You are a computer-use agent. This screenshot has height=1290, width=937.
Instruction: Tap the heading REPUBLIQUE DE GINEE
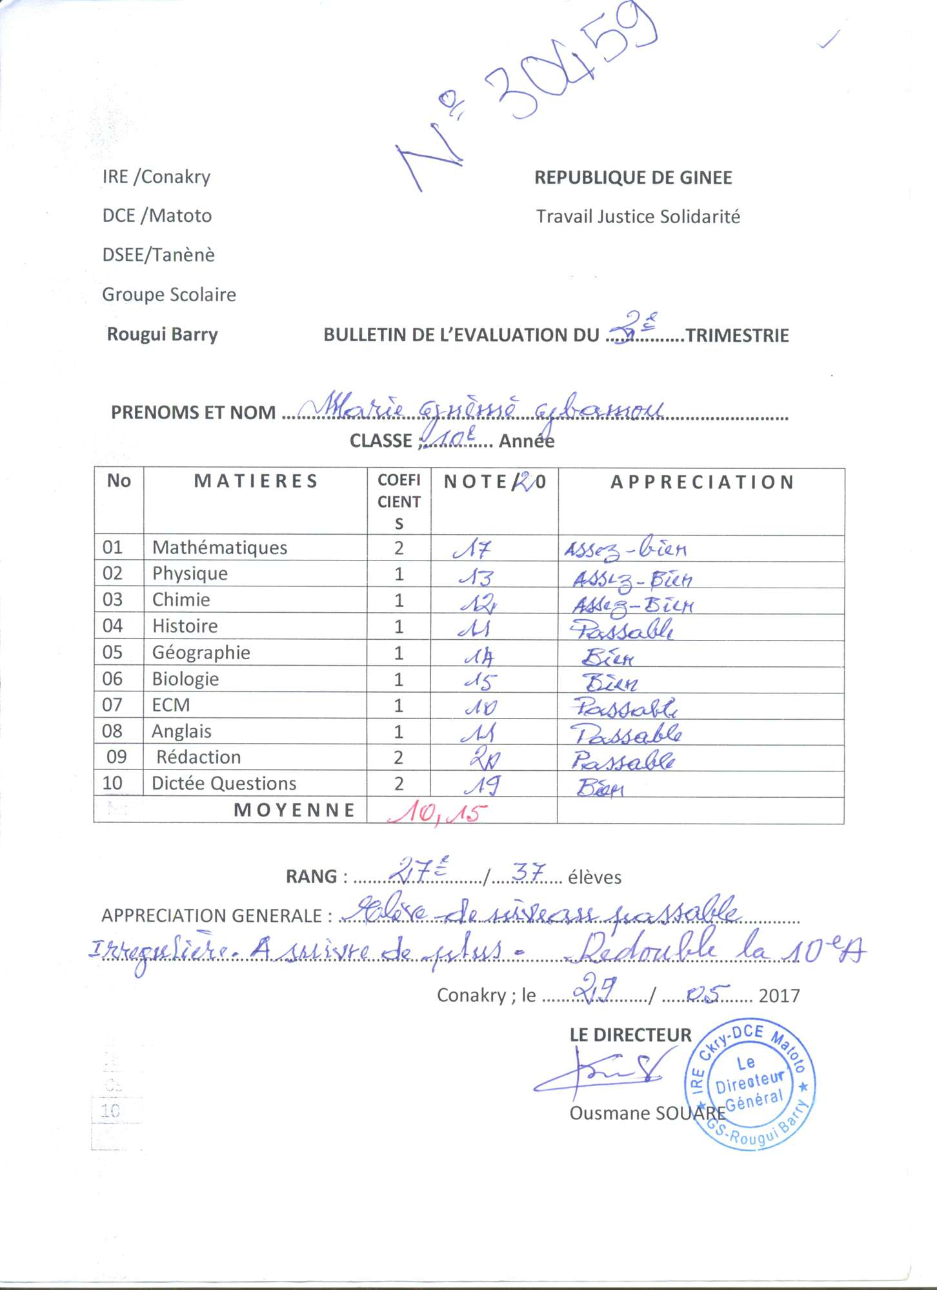[x=633, y=178]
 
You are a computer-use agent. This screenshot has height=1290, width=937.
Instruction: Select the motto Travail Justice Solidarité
[x=638, y=217]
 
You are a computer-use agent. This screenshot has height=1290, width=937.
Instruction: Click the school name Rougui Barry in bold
[x=163, y=334]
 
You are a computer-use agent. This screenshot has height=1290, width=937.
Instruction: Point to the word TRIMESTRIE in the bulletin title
[x=737, y=335]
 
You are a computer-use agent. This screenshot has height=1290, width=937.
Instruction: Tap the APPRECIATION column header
[x=702, y=482]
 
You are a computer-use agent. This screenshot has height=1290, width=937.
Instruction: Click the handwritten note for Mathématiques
[x=472, y=549]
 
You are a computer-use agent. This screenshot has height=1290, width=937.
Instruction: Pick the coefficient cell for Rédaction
[x=399, y=757]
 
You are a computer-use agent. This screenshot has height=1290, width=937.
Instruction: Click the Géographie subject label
[x=201, y=653]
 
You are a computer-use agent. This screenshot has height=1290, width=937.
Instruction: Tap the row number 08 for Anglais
[x=112, y=731]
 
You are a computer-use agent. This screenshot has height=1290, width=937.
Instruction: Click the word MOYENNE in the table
[x=294, y=810]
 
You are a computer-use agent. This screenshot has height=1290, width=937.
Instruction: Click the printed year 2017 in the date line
[x=779, y=996]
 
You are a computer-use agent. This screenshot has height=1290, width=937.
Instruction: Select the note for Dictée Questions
[x=481, y=785]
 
